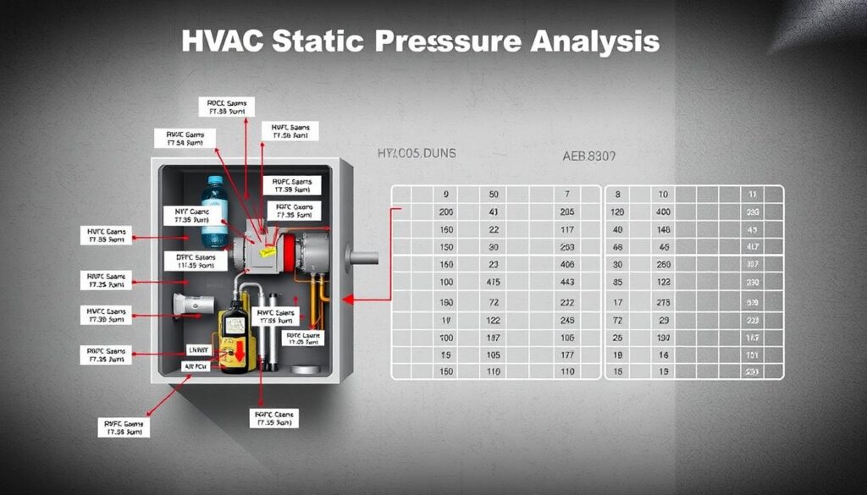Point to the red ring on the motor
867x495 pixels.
point(290,246)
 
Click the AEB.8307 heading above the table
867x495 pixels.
point(589,157)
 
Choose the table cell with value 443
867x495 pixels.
point(567,282)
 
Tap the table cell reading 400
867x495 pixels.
point(663,211)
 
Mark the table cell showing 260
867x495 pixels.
point(663,264)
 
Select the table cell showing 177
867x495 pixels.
point(567,354)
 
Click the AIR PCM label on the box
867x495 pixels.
point(195,366)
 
